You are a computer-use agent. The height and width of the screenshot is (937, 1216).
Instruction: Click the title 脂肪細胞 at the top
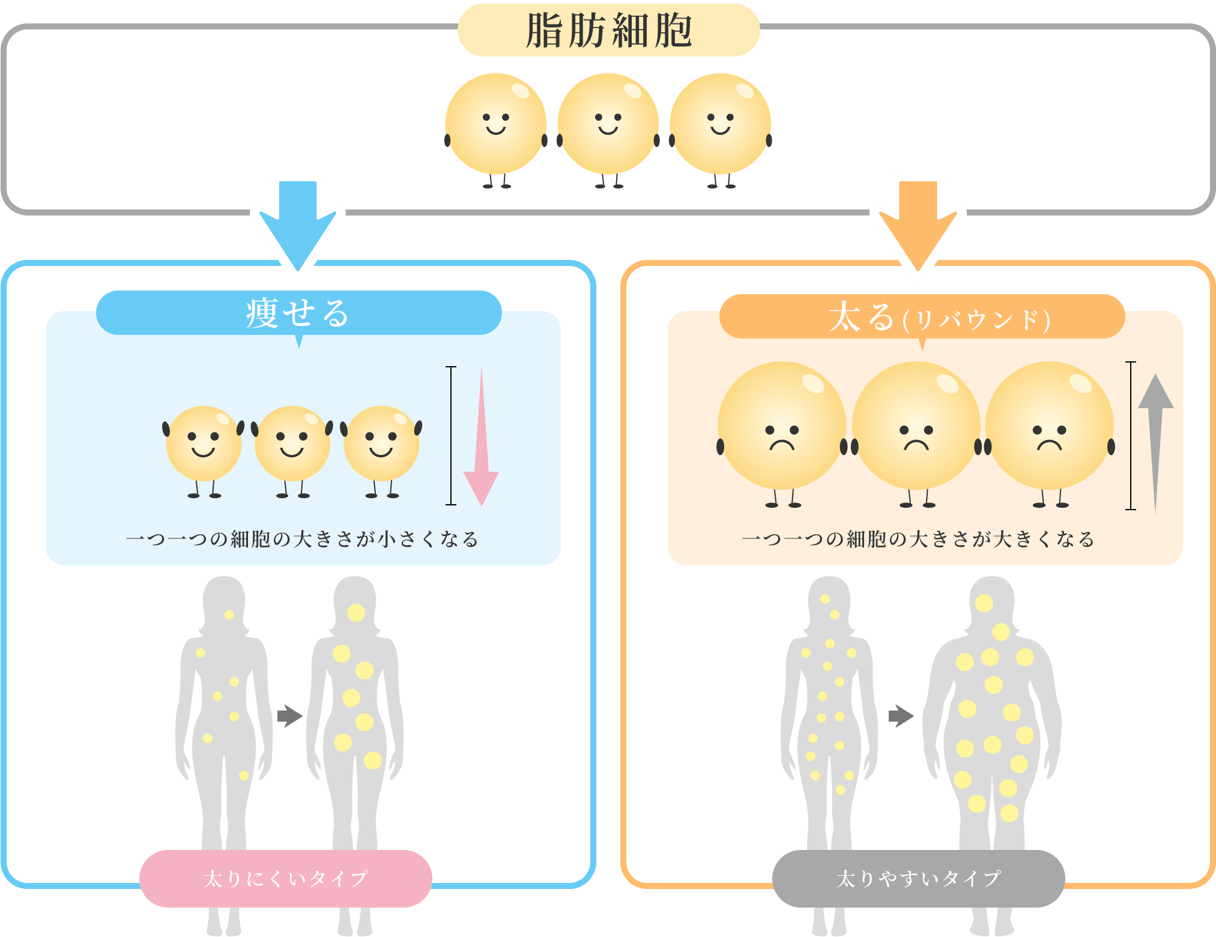click(608, 30)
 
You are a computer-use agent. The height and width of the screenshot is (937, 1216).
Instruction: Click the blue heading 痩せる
click(298, 313)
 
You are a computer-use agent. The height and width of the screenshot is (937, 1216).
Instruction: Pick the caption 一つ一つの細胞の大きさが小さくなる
click(303, 539)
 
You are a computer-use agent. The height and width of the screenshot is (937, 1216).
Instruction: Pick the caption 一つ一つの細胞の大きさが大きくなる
click(918, 539)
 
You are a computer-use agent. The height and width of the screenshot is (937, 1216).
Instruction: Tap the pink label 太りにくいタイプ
click(286, 878)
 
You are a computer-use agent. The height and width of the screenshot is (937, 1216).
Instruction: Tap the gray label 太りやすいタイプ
click(918, 878)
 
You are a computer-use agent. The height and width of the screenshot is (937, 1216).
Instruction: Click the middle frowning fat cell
click(916, 426)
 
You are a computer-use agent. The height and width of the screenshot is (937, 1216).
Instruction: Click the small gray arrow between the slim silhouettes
click(290, 716)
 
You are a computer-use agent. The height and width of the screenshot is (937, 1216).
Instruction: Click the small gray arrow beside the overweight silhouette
click(901, 716)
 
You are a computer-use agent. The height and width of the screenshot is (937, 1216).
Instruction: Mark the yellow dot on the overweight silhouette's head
click(984, 603)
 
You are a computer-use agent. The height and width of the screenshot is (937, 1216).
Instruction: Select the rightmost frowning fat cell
click(1049, 426)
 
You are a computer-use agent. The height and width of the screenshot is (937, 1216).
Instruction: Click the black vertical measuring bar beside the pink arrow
click(451, 436)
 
